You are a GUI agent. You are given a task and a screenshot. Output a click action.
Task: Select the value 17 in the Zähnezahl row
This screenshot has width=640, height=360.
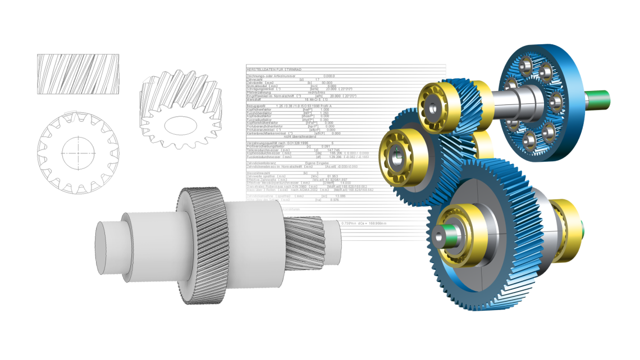[317, 79]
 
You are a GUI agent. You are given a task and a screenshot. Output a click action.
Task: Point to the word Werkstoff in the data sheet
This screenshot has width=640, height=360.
[255, 99]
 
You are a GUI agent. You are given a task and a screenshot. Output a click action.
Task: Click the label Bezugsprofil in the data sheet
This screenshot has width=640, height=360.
[258, 105]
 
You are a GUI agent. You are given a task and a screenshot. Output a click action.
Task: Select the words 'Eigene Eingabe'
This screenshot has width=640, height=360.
[317, 163]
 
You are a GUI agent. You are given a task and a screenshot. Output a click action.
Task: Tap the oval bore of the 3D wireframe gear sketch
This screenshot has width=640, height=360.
[179, 121]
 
